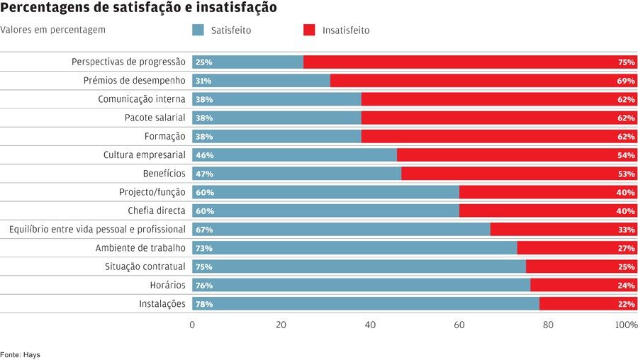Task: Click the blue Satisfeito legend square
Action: (x=198, y=30)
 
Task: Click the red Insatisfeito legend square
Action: (x=309, y=30)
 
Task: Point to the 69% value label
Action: (x=626, y=81)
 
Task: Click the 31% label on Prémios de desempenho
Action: (x=204, y=81)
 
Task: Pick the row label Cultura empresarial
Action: (x=145, y=154)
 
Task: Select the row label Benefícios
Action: (x=164, y=174)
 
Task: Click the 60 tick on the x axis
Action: (x=459, y=325)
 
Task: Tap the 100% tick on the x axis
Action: (x=627, y=325)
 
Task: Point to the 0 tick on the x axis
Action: (x=192, y=325)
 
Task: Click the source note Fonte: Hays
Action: (x=20, y=354)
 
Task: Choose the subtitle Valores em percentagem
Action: (x=53, y=30)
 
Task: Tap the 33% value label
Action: (x=626, y=230)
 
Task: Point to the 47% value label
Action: (x=204, y=174)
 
